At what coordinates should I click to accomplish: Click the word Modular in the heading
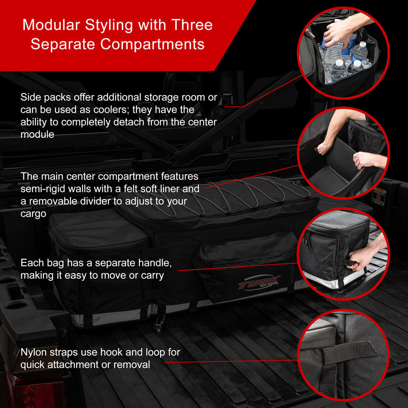(x=51, y=25)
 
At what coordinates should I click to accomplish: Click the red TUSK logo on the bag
(x=259, y=282)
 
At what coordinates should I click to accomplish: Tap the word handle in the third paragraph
(x=154, y=262)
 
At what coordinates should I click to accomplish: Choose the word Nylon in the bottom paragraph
(x=33, y=353)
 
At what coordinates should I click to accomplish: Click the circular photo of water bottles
(x=343, y=53)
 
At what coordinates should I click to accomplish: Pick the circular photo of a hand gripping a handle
(x=343, y=254)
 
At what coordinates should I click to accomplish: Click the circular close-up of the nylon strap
(x=343, y=355)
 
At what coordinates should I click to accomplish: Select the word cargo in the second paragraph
(x=33, y=214)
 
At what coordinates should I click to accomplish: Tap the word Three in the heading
(x=192, y=25)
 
